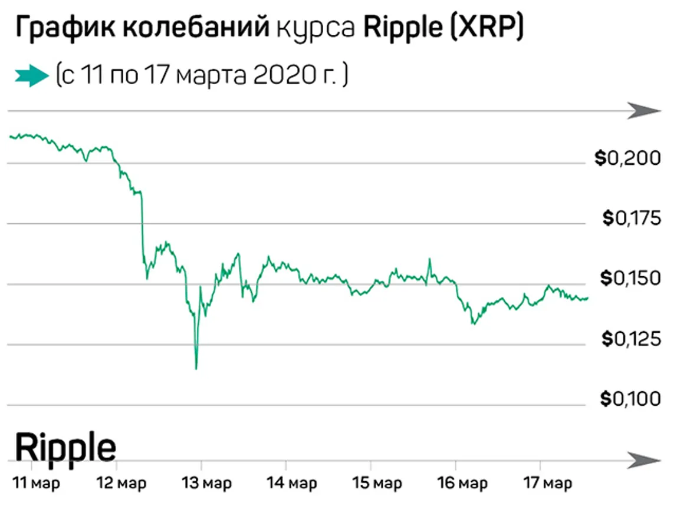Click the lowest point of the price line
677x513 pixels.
[196, 368]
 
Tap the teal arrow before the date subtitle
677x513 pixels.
[30, 76]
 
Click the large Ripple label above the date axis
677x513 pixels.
[65, 448]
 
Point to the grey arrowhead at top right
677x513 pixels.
[644, 110]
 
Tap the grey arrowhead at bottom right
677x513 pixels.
[644, 460]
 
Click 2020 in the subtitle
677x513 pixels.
[281, 76]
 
